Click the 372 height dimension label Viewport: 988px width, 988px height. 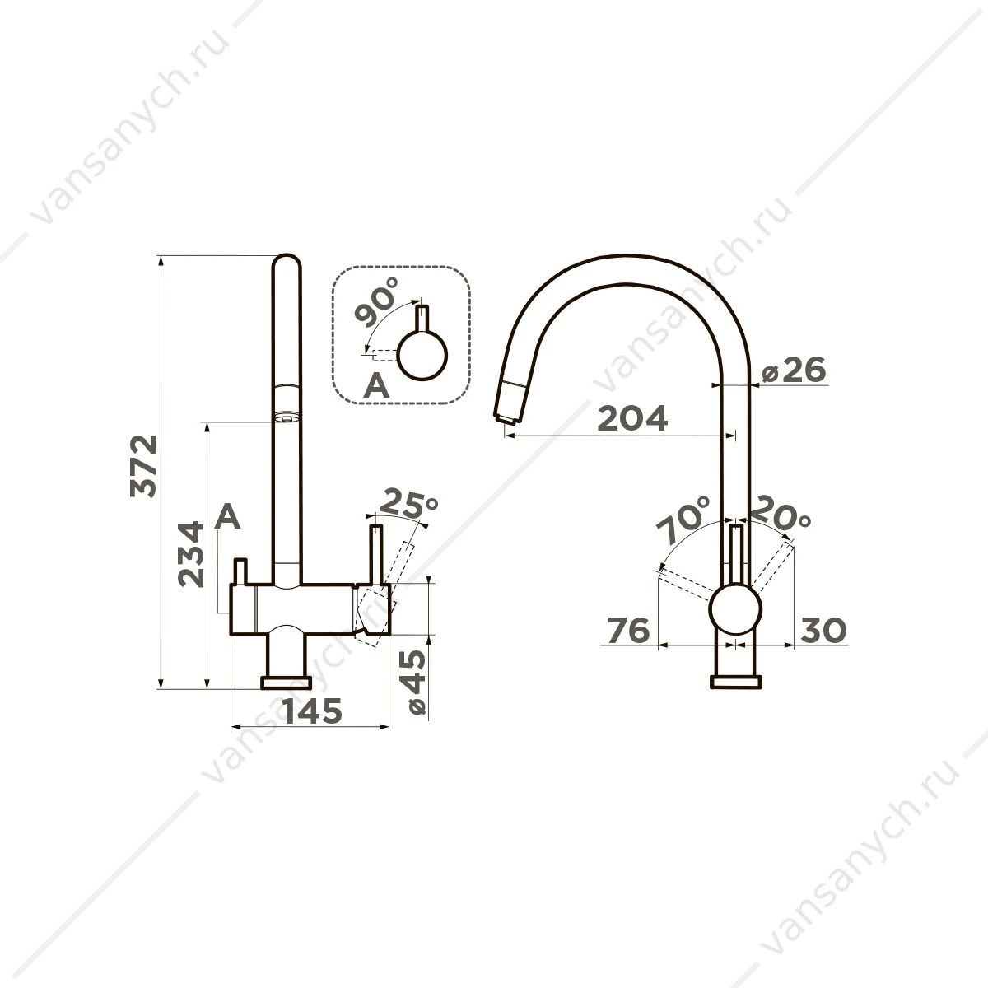point(143,466)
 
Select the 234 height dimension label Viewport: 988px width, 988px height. point(191,554)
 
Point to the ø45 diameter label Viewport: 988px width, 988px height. point(413,682)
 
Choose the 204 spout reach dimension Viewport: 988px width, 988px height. point(632,418)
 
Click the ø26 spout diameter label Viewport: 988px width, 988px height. point(794,369)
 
